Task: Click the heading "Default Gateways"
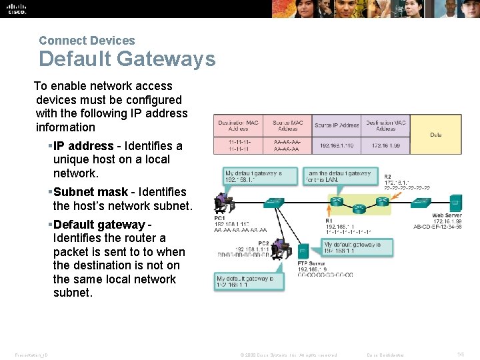(127, 59)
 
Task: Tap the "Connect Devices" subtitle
(87, 41)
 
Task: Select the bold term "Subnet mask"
(90, 192)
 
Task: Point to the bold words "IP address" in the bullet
(83, 145)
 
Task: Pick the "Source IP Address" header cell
(336, 125)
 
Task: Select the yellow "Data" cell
(435, 135)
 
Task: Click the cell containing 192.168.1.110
(336, 145)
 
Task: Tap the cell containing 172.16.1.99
(385, 145)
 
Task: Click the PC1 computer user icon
(221, 201)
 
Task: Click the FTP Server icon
(303, 251)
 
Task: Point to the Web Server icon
(455, 203)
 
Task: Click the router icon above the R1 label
(337, 201)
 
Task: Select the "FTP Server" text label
(311, 264)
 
